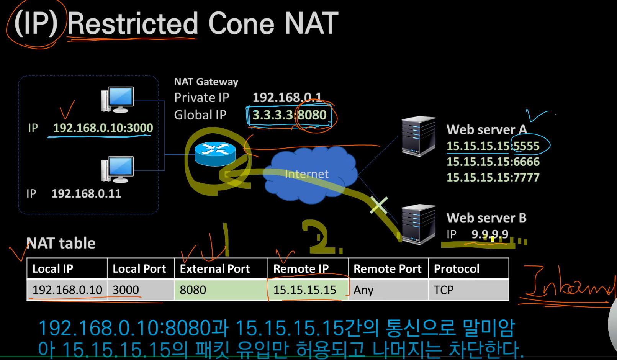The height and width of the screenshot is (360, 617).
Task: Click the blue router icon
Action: pos(215,154)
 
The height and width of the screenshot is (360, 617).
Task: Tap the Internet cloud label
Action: pos(306,174)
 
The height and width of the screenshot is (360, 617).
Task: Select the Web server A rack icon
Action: pos(418,136)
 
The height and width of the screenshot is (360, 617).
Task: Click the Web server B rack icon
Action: pos(418,224)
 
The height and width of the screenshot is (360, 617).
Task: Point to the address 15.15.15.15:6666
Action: pos(493,162)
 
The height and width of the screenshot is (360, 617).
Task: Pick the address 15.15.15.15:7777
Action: pos(493,177)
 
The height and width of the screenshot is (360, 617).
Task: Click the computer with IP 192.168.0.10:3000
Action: pos(118,100)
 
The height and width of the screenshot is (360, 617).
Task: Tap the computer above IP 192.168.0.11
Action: pos(118,169)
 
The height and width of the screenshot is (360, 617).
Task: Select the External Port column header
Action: pos(215,269)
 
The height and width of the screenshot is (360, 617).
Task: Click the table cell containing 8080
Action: pos(193,290)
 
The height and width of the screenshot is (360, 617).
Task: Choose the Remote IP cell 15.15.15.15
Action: pos(305,290)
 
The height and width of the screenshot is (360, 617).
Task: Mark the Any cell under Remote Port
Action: pos(363,290)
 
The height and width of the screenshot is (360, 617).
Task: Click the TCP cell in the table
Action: pos(444,290)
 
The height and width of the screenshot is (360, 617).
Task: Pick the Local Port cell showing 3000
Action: pos(126,290)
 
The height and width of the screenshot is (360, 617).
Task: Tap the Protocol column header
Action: pos(457,269)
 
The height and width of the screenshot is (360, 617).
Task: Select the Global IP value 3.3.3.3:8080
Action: pos(289,115)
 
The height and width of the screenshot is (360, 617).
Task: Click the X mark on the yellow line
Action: pos(378,205)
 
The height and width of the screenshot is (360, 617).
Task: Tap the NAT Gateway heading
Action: pos(206,82)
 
